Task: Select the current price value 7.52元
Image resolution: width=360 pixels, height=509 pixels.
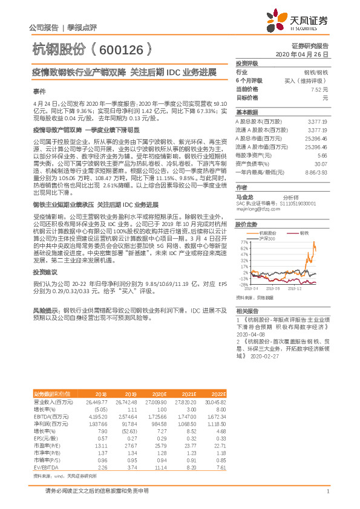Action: (x=319, y=89)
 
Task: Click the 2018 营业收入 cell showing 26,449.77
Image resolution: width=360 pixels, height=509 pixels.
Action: (x=97, y=401)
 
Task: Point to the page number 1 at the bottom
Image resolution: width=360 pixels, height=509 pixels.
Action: (x=327, y=491)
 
